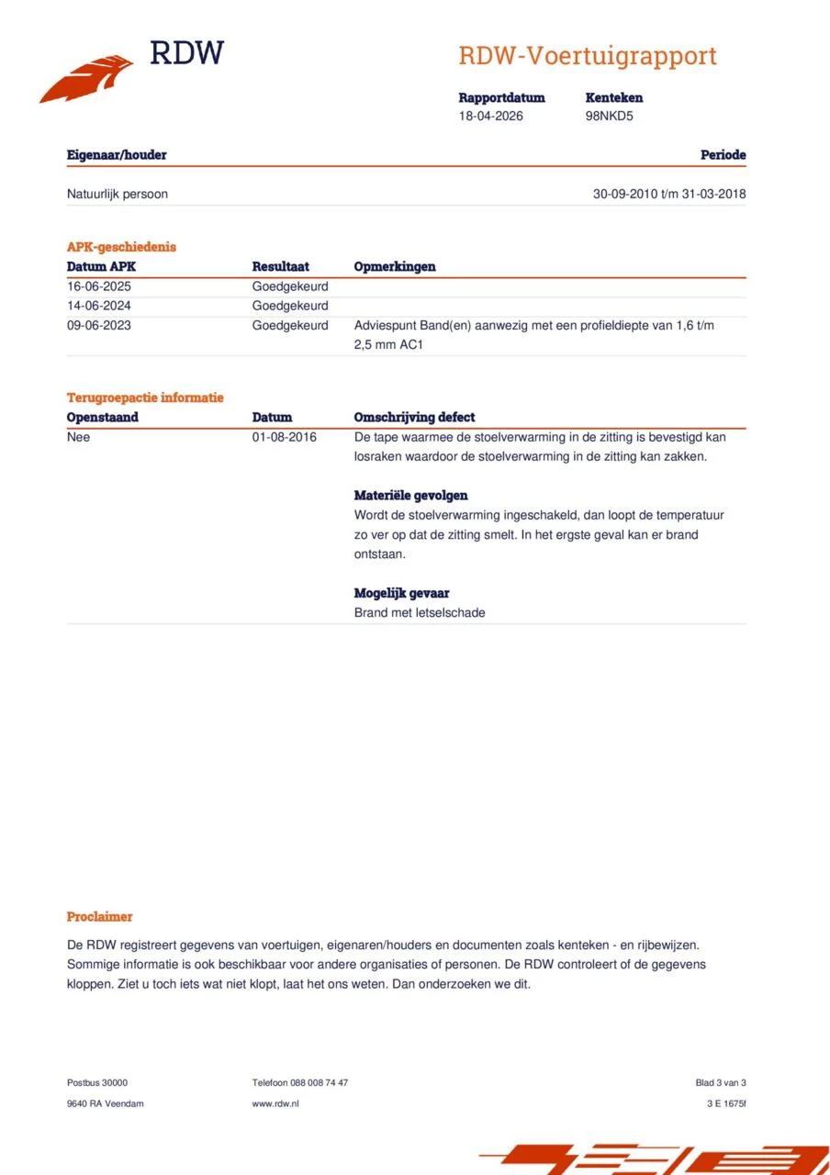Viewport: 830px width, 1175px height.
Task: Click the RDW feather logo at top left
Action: (87, 77)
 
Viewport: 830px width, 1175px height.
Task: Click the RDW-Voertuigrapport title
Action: (587, 56)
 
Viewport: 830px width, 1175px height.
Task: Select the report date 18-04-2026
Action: (491, 117)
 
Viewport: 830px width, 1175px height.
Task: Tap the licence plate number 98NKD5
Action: (609, 117)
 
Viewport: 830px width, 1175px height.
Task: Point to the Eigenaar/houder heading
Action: (117, 155)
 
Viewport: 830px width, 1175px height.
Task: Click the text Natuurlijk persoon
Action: (117, 194)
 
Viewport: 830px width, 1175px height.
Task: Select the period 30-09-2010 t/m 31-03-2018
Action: (669, 194)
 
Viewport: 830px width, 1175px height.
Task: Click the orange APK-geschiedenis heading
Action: (121, 247)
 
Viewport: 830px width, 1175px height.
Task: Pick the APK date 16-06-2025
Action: (98, 286)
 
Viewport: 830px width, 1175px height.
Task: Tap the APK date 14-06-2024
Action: (98, 306)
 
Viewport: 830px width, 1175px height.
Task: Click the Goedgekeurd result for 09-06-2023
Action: (289, 326)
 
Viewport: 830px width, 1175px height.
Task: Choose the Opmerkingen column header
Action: (395, 266)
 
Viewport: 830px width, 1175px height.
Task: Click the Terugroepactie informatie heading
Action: (145, 397)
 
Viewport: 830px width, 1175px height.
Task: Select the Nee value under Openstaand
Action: (79, 437)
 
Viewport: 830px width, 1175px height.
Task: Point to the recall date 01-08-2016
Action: (284, 437)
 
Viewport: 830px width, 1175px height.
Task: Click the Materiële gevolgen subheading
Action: (410, 496)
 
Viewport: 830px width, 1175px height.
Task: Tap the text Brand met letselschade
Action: (419, 612)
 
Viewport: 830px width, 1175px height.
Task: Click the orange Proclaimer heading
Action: (99, 916)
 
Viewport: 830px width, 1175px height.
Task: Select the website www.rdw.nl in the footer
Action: (275, 1103)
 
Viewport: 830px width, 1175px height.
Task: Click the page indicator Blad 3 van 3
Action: (721, 1082)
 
